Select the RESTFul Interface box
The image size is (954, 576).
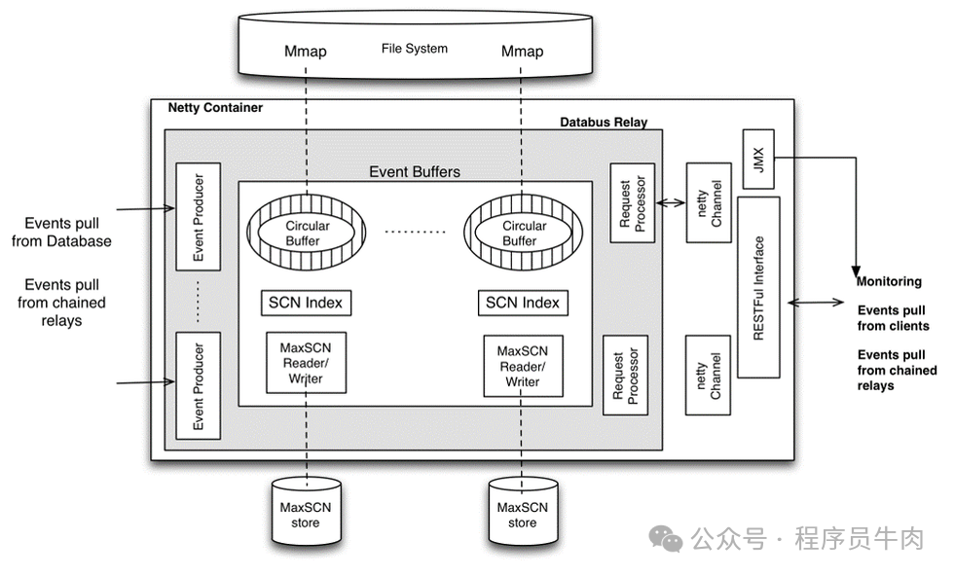pyautogui.click(x=758, y=287)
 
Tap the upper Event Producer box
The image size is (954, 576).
pyautogui.click(x=198, y=216)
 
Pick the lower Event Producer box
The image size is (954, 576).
pyautogui.click(x=198, y=384)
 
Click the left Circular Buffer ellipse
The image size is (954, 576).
pyautogui.click(x=307, y=232)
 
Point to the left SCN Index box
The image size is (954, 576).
pyautogui.click(x=306, y=303)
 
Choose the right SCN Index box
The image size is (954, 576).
pyautogui.click(x=523, y=303)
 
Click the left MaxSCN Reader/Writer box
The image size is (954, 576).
pyautogui.click(x=306, y=362)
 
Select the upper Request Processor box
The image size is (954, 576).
pyautogui.click(x=632, y=201)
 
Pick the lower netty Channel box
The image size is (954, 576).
pyautogui.click(x=708, y=375)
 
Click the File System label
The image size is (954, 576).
pyautogui.click(x=415, y=49)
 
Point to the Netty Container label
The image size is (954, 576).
pyautogui.click(x=215, y=108)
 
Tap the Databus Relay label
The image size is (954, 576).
pyautogui.click(x=604, y=123)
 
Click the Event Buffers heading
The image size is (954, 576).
pyautogui.click(x=415, y=172)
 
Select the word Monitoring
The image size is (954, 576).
pyautogui.click(x=889, y=281)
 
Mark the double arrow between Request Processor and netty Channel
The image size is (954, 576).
pyautogui.click(x=671, y=203)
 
